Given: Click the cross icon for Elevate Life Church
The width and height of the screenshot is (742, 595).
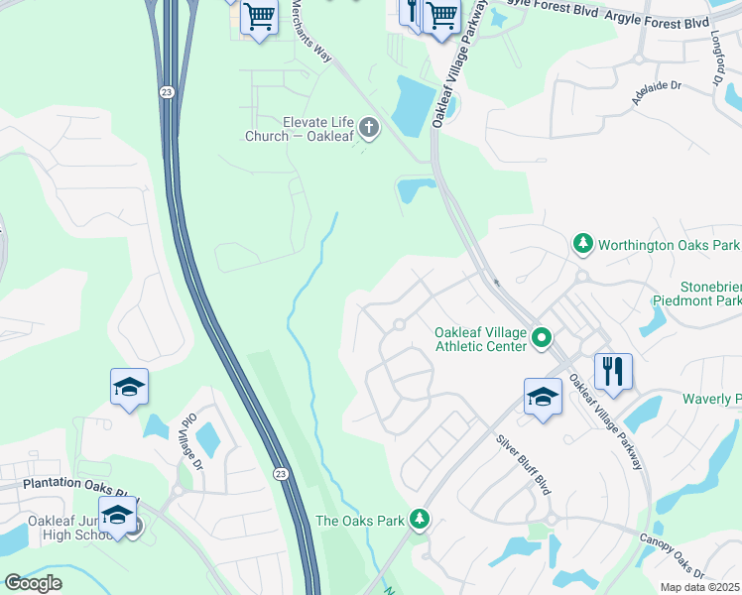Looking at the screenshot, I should [x=369, y=127].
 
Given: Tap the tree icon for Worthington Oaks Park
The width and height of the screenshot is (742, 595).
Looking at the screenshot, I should [x=583, y=243].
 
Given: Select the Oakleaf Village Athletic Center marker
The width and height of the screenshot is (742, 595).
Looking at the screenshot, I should [x=542, y=339].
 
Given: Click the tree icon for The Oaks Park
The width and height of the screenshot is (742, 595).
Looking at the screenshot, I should [x=421, y=520].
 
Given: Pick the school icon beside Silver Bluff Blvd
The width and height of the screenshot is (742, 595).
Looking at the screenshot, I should [x=543, y=398].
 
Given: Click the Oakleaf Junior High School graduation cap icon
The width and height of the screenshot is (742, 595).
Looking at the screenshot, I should [x=118, y=516].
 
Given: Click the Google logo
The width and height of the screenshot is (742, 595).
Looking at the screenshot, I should [x=33, y=583].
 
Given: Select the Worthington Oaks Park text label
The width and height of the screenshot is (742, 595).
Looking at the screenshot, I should [x=670, y=244].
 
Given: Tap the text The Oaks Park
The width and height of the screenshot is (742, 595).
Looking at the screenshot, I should [x=360, y=520].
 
